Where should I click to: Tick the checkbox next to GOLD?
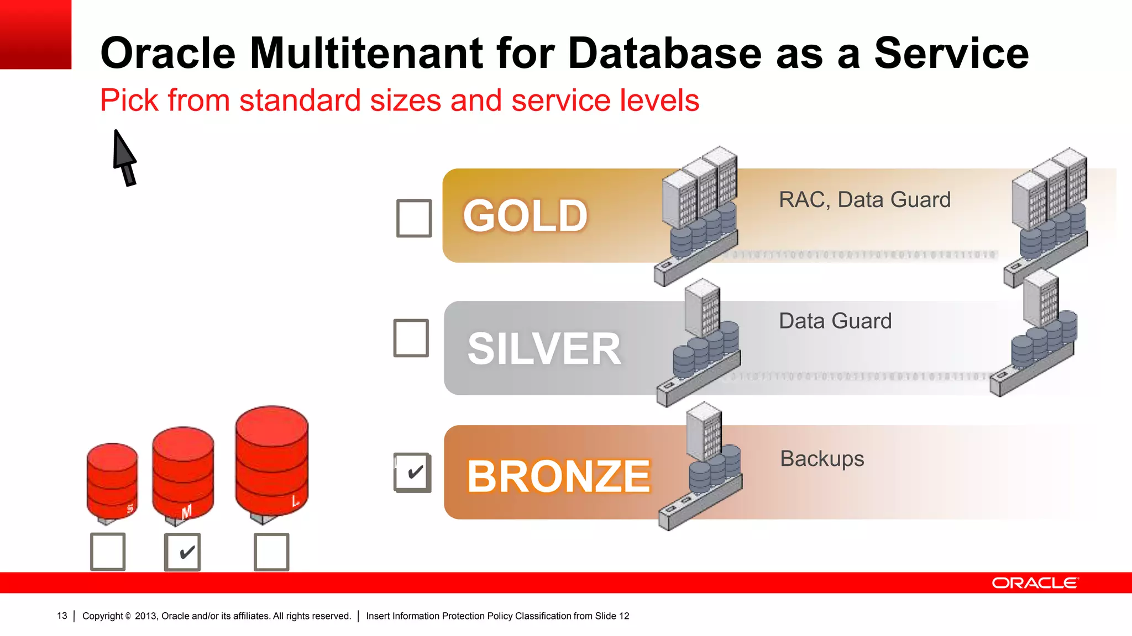414,218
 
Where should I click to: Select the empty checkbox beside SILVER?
411,338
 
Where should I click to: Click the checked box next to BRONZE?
412,473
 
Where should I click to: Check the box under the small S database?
108,551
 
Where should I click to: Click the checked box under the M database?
182,552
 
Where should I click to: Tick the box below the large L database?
271,552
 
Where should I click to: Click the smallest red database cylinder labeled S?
112,480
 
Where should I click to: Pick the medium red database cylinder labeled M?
183,472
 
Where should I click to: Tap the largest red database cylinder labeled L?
271,461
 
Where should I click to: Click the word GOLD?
525,216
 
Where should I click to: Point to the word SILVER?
544,349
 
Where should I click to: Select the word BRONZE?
558,476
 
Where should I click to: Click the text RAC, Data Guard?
864,200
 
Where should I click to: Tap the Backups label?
822,459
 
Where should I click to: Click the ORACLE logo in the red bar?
1035,583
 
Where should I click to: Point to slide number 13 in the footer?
62,616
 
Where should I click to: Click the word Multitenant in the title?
366,53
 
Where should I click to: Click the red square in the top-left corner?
35,34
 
